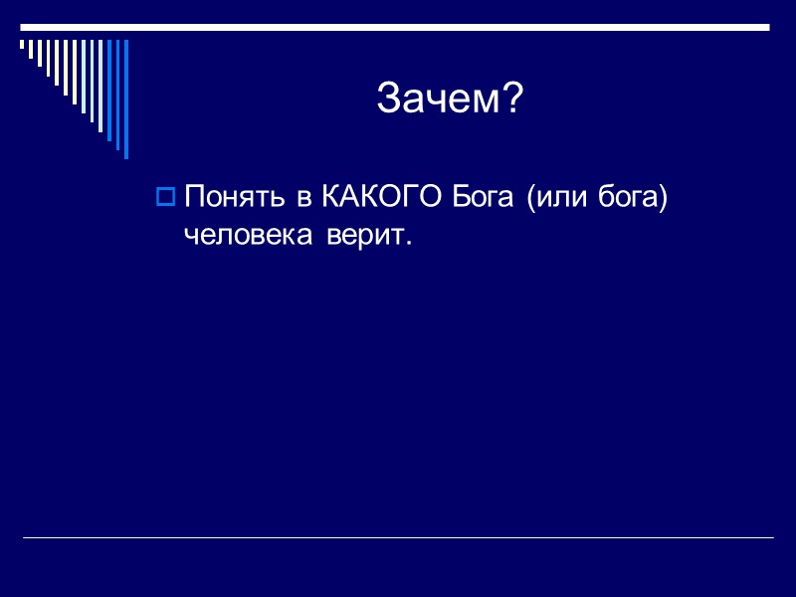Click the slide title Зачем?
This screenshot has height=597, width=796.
(x=450, y=98)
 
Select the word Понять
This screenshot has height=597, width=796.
(x=234, y=197)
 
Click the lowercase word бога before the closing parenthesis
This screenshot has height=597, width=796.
(x=626, y=197)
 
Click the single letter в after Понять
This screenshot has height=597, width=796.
(x=303, y=199)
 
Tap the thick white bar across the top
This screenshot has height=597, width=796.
(x=398, y=27)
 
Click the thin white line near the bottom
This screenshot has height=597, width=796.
(x=398, y=538)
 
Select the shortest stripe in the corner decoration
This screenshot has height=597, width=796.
(x=22, y=44)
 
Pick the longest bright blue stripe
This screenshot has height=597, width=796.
(x=126, y=99)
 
